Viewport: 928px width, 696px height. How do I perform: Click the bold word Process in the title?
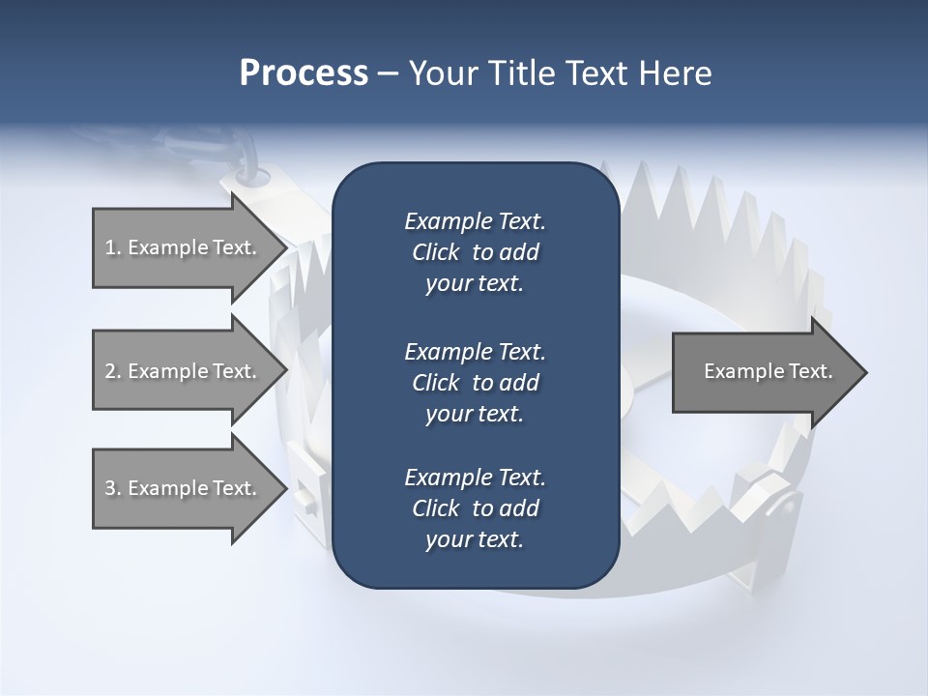(303, 73)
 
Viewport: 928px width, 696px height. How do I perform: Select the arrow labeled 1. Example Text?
(184, 247)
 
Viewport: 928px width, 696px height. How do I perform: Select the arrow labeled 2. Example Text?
(184, 371)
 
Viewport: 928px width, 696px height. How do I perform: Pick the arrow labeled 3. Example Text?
(184, 488)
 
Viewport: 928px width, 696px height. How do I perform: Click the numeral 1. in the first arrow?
(113, 247)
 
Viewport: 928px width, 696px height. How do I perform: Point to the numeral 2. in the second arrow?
(113, 371)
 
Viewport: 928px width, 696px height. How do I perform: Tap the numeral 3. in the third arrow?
(113, 488)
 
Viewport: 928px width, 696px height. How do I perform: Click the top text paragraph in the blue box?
(475, 252)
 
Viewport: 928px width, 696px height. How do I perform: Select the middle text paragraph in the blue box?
(475, 382)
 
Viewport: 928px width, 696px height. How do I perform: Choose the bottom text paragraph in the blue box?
(475, 508)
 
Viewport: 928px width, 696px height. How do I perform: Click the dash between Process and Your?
(388, 73)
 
